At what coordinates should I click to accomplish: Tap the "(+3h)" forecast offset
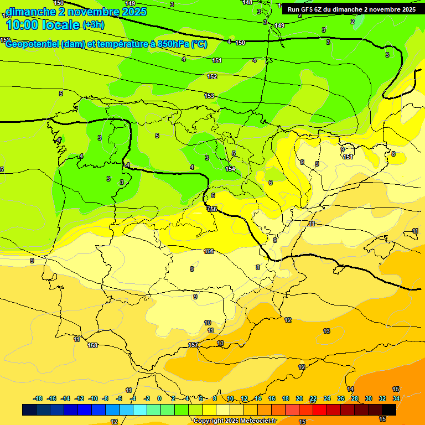97,24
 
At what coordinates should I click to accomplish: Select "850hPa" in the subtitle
174,44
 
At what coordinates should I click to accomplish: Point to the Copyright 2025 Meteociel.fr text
235,421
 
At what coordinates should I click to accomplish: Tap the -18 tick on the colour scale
38,398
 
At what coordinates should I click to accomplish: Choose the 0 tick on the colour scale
159,398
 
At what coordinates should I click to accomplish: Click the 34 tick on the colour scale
396,398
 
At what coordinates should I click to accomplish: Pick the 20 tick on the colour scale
299,398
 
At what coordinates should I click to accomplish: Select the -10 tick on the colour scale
92,398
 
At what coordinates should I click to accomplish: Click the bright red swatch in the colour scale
320,410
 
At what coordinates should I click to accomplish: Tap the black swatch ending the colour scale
389,410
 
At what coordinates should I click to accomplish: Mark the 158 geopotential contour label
92,345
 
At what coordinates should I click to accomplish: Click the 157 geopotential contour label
193,345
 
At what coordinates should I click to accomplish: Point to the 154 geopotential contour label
230,169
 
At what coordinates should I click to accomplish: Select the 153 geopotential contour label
209,96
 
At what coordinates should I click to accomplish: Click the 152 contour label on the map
212,76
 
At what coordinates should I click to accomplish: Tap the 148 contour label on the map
247,3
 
